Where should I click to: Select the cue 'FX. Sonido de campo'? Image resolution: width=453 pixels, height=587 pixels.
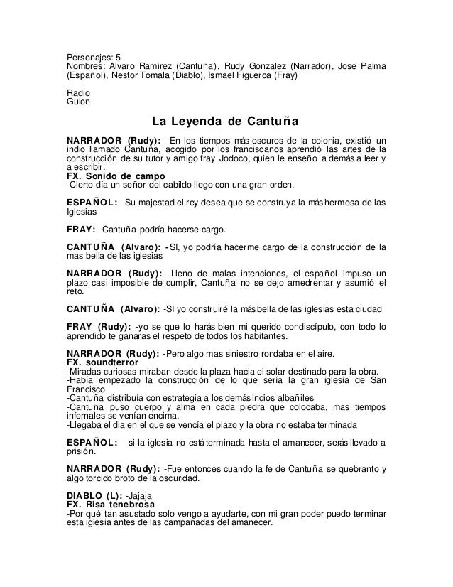coord(116,176)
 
